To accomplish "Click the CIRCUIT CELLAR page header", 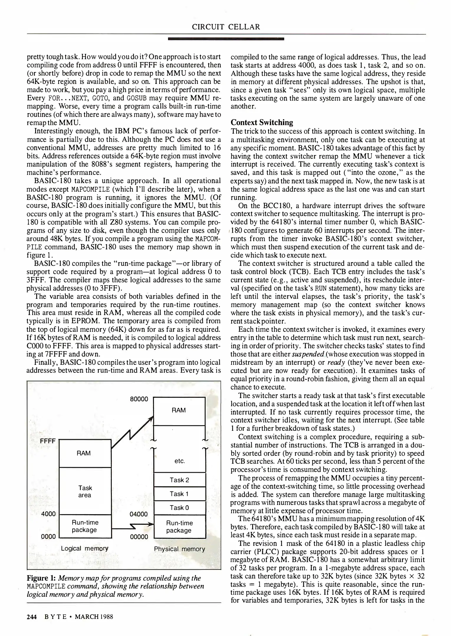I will click(x=226, y=27).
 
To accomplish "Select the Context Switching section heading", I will click(x=262, y=122).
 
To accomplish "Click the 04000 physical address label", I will click(x=139, y=514).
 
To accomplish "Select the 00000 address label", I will click(x=139, y=536).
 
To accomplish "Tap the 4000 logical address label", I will click(x=48, y=514).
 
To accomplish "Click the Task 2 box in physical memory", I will click(x=179, y=480).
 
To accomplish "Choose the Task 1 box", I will click(x=179, y=494).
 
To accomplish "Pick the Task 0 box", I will click(x=179, y=508).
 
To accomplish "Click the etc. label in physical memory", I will click(x=179, y=461).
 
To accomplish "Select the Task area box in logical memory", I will click(x=85, y=491).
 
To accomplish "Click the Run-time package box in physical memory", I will click(x=179, y=527).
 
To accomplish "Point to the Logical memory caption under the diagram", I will click(x=85, y=549).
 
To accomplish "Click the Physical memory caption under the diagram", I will click(x=179, y=549).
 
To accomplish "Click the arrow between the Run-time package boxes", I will click(x=133, y=526).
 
